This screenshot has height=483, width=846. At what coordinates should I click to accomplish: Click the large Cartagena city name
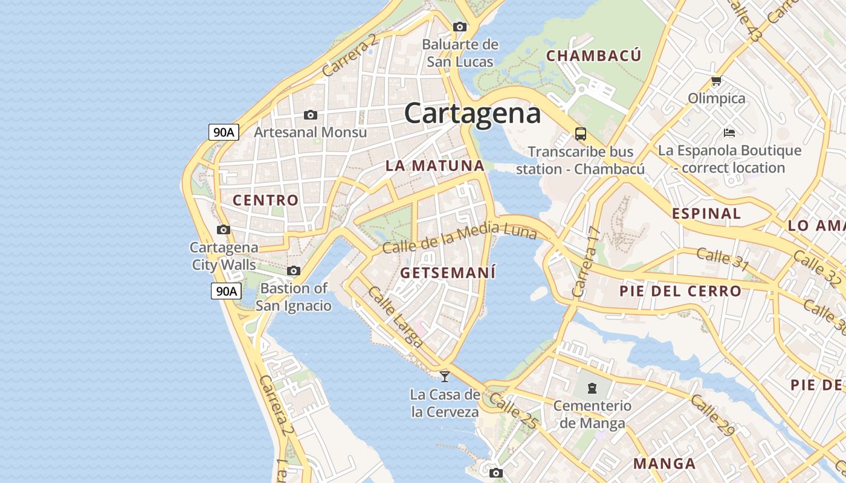[x=472, y=114]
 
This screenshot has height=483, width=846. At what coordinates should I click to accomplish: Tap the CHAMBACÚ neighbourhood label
[x=593, y=56]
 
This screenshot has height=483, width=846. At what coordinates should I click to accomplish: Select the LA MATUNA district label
[x=435, y=165]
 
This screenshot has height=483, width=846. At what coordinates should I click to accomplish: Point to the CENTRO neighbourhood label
[x=266, y=200]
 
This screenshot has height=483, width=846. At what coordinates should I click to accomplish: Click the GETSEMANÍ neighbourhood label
[x=448, y=273]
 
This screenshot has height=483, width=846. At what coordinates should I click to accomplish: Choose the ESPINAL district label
[x=706, y=213]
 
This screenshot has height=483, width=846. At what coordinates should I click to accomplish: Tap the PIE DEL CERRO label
[x=680, y=291]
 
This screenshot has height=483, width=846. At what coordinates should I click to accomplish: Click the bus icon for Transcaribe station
[x=581, y=134]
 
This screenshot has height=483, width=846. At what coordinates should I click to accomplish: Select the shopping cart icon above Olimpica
[x=717, y=80]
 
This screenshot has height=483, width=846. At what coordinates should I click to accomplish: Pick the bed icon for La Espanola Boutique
[x=729, y=132]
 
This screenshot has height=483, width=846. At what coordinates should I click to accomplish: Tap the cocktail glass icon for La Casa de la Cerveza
[x=445, y=377]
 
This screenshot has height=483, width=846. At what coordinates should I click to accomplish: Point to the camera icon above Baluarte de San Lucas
[x=460, y=27]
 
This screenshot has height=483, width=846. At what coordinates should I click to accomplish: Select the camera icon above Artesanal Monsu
[x=311, y=115]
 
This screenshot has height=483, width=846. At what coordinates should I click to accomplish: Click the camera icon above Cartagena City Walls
[x=224, y=229]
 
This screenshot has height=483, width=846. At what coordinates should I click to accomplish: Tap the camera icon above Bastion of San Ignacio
[x=294, y=270]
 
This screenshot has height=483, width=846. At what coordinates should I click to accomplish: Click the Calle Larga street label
[x=395, y=317]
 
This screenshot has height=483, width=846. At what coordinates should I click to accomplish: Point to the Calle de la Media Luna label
[x=459, y=237]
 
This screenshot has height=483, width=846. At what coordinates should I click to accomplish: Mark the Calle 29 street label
[x=712, y=415]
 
